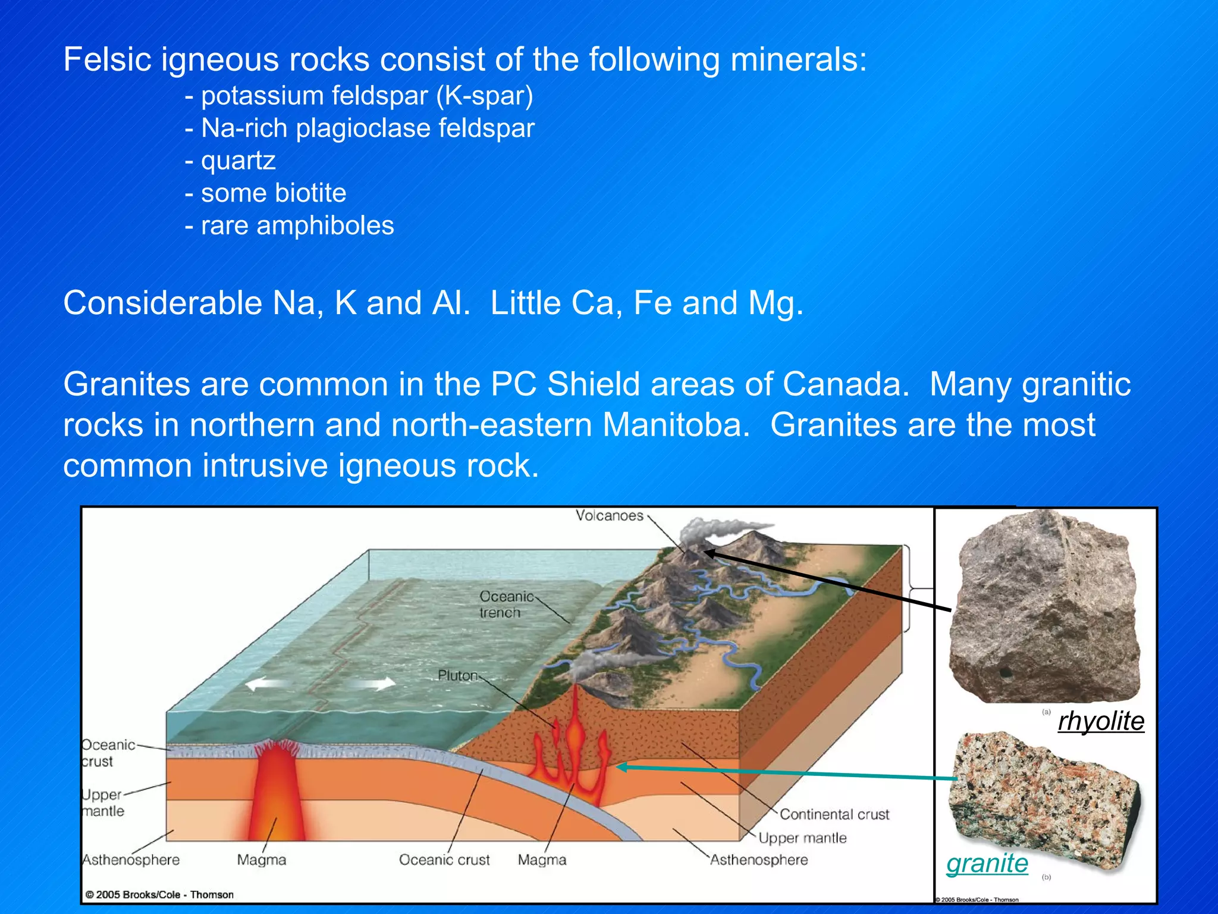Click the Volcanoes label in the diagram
click(609, 516)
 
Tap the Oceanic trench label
click(506, 605)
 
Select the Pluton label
click(457, 676)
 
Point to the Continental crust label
click(834, 815)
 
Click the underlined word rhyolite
click(1101, 721)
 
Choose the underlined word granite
click(987, 863)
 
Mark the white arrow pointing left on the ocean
click(265, 684)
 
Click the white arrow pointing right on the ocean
click(375, 683)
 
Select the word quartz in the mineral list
click(238, 161)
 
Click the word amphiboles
click(325, 226)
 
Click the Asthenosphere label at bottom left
click(131, 860)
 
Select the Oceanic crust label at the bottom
click(444, 860)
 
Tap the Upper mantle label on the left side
click(102, 803)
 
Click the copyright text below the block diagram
click(159, 895)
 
